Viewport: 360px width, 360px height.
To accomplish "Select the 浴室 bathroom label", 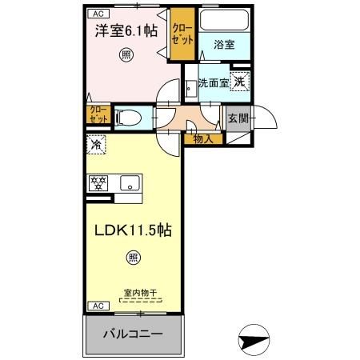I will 225,46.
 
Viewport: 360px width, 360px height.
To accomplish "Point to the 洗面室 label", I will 214,82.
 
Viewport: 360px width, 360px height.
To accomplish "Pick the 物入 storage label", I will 203,138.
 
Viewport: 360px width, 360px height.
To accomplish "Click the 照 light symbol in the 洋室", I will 126,55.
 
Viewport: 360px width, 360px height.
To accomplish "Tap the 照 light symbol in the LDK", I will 133,257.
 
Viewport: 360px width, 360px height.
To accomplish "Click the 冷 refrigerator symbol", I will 95,146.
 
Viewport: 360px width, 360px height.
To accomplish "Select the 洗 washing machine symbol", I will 241,82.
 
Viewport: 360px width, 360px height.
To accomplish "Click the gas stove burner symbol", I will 99,182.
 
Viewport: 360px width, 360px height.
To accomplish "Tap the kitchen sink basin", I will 128,183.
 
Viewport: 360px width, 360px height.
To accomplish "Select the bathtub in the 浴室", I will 225,22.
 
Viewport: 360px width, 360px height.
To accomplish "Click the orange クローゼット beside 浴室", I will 181,34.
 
